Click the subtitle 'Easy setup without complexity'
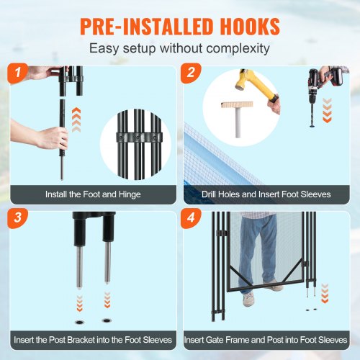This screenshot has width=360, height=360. point(180,50)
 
